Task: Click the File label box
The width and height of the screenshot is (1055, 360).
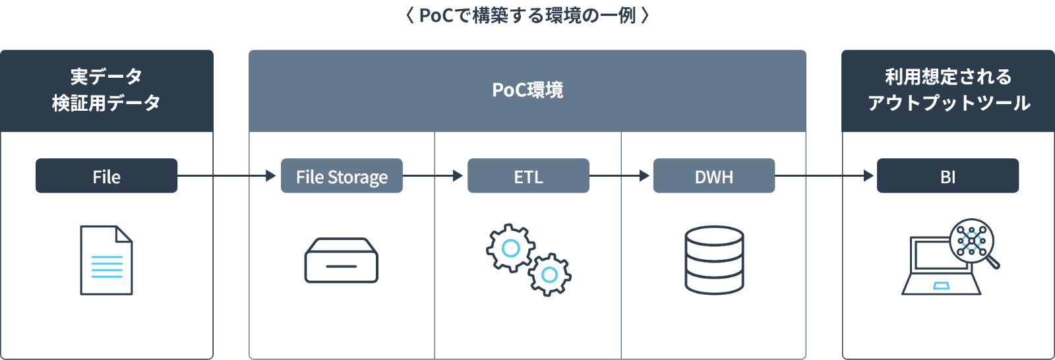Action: (x=106, y=176)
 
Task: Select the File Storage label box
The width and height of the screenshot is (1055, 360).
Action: (x=342, y=176)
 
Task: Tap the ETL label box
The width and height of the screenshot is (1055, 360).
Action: (x=528, y=176)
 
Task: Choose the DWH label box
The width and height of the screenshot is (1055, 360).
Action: (x=714, y=176)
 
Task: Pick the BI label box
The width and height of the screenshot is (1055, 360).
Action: (x=948, y=176)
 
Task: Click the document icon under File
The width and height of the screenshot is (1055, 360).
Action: (x=106, y=260)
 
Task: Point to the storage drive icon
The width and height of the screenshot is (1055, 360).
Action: (x=341, y=260)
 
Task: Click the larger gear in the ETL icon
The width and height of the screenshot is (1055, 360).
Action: (x=510, y=248)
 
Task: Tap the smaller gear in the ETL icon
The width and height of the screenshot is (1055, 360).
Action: (x=549, y=274)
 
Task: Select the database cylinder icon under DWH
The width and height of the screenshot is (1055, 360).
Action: (x=714, y=260)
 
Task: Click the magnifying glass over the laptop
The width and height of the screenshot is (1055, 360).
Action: (x=973, y=242)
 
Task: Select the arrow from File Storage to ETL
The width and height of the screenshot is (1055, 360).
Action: (x=433, y=176)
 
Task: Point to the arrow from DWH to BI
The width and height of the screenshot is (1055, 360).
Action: (x=824, y=176)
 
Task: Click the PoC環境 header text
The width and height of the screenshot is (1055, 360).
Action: (x=527, y=90)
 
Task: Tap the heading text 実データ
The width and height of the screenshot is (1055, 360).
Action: (x=106, y=77)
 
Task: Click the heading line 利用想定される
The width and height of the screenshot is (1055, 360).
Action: (x=948, y=77)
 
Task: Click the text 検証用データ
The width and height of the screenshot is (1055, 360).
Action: (x=106, y=103)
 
